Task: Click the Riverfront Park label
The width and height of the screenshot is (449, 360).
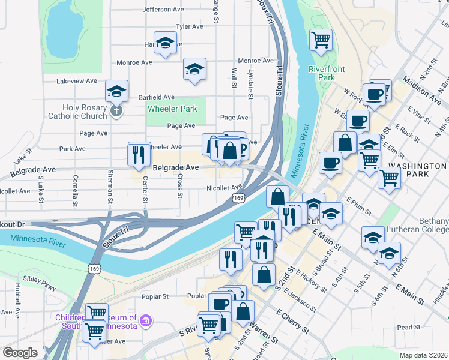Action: pyautogui.click(x=327, y=73)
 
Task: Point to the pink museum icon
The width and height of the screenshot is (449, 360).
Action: pyautogui.click(x=145, y=322)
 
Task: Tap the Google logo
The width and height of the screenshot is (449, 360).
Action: pyautogui.click(x=20, y=353)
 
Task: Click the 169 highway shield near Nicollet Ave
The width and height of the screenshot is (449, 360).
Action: pyautogui.click(x=238, y=197)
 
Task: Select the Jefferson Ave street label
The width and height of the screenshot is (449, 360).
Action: pyautogui.click(x=163, y=10)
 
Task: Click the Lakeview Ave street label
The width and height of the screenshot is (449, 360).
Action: pyautogui.click(x=76, y=81)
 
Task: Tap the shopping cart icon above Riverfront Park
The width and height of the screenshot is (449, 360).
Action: pyautogui.click(x=321, y=40)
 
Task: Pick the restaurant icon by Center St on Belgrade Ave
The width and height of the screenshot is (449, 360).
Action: pyautogui.click(x=139, y=154)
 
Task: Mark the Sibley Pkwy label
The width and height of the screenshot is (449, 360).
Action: pyautogui.click(x=39, y=280)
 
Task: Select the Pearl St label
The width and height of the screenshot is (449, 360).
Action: pyautogui.click(x=408, y=328)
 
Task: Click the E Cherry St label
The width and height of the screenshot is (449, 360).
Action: pyautogui.click(x=292, y=322)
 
